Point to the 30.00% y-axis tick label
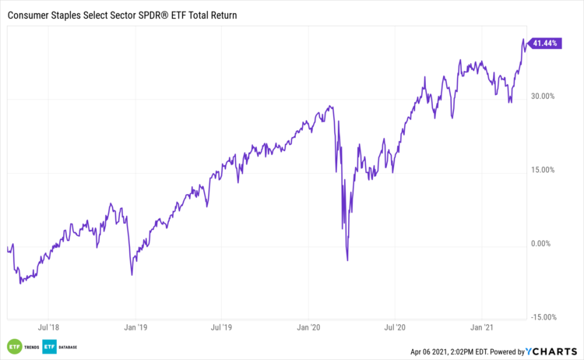pyautogui.click(x=542, y=97)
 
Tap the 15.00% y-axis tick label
pyautogui.click(x=542, y=170)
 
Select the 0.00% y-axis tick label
pyautogui.click(x=544, y=244)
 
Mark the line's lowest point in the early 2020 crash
pyautogui.click(x=347, y=260)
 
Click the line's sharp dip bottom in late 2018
pyautogui.click(x=132, y=274)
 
